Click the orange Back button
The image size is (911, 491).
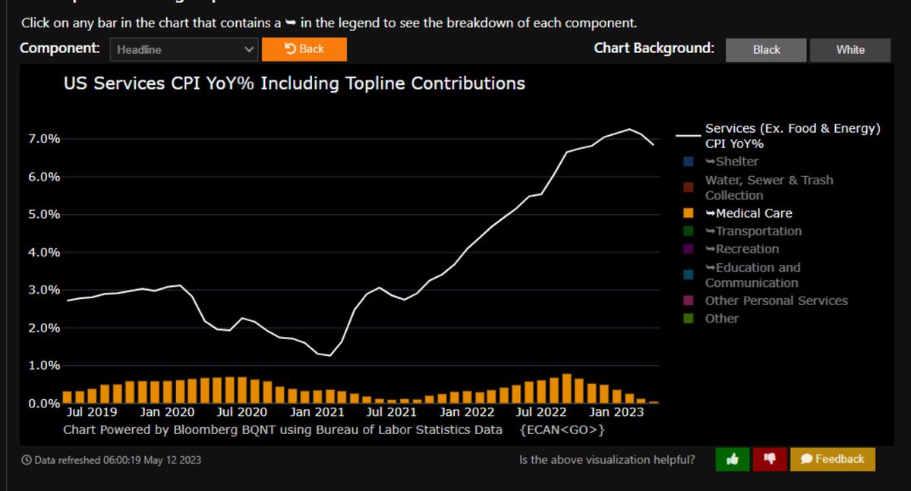point(304,49)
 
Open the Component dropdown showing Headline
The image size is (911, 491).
point(184,50)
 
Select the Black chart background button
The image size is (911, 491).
point(766,49)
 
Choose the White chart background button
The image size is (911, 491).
point(850,49)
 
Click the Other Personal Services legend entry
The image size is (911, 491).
point(776,301)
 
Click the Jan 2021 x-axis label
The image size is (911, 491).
point(319,412)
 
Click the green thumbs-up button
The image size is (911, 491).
point(733,459)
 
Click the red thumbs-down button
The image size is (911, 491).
point(769,459)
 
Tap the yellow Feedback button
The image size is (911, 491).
point(832,459)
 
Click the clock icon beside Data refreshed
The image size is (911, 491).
point(27,460)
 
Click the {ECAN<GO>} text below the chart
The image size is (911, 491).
point(563,430)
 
